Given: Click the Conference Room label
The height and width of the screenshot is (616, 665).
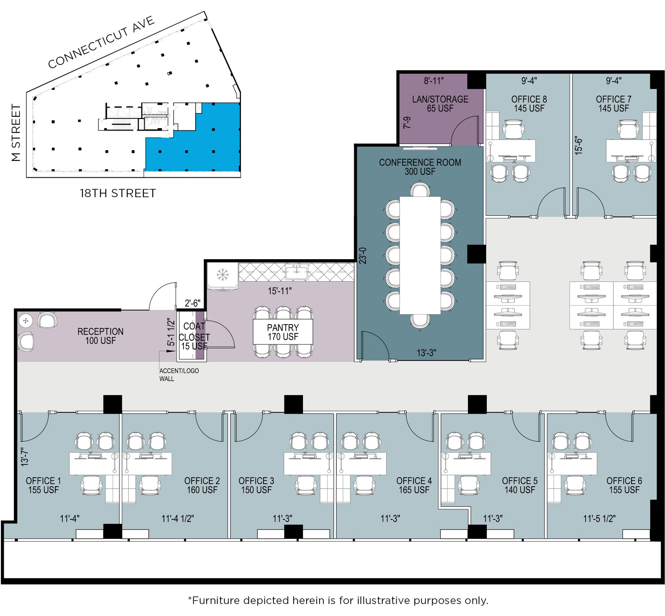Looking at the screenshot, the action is click(420, 167).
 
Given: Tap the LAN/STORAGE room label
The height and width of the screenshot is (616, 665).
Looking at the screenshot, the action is click(440, 103).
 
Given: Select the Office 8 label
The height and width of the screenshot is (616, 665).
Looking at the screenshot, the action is click(529, 103).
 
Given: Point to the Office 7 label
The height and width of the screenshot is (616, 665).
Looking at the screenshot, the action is click(613, 103).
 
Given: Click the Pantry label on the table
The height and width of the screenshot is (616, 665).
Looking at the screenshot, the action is click(282, 332).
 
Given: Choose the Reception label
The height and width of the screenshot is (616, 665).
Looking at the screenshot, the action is click(100, 336).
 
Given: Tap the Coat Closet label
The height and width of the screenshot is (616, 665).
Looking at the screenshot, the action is click(194, 336).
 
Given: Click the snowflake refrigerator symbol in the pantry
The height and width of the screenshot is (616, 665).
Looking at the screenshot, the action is click(220, 275).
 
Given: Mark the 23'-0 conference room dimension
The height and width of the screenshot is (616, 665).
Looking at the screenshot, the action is click(363, 256).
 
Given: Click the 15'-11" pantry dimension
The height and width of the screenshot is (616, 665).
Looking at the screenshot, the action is click(280, 291).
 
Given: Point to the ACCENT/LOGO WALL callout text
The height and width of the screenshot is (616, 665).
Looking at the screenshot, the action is click(179, 375).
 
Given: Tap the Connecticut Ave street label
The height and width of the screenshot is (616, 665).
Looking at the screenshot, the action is click(101, 42).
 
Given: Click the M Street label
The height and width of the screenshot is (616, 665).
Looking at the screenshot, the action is click(16, 133).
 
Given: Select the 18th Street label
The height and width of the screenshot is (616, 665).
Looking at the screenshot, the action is click(118, 193).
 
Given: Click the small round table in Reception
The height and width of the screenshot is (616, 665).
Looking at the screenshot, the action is click(25, 321).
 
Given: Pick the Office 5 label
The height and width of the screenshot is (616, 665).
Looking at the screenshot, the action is click(520, 485).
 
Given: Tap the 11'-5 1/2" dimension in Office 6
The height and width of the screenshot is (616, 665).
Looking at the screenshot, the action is click(599, 519).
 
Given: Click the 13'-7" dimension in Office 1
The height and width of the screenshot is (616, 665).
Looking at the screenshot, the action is click(24, 457).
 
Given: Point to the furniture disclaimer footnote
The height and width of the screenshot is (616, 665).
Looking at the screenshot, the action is click(338, 601).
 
